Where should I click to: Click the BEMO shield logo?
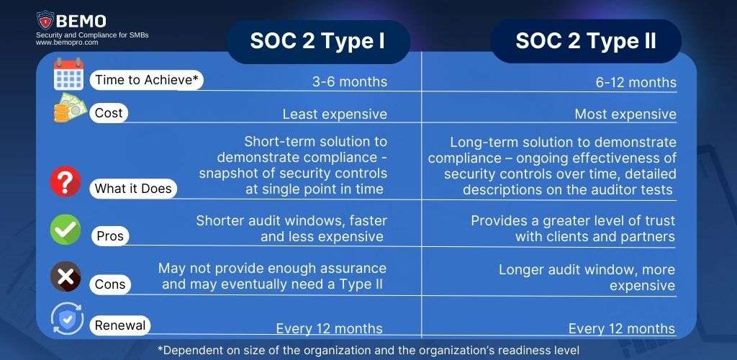click(46, 20)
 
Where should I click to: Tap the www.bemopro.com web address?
click(66, 42)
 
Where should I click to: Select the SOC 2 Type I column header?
click(317, 41)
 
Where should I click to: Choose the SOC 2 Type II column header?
click(585, 41)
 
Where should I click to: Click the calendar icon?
click(69, 76)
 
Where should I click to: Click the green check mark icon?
click(65, 230)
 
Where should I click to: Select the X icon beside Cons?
click(65, 277)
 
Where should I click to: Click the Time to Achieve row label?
click(145, 80)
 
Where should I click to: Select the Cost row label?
click(109, 113)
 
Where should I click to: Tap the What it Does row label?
click(133, 189)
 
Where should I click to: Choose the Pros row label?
click(110, 236)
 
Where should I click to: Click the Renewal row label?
click(120, 325)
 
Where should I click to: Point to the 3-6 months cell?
click(349, 81)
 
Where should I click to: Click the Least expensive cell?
click(335, 114)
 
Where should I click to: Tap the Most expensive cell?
click(625, 114)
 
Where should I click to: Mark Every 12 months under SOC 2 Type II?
click(621, 329)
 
